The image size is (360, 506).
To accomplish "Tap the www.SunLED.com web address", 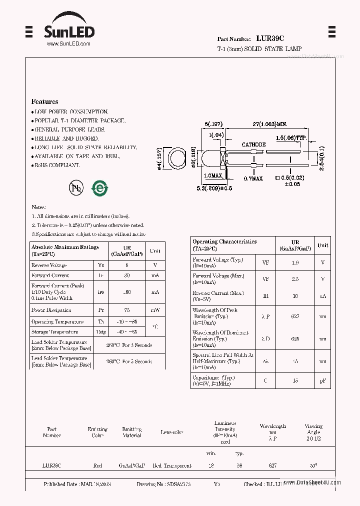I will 68,44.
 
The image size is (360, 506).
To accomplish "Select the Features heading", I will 44,101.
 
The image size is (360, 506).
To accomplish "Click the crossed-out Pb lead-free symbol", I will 76,188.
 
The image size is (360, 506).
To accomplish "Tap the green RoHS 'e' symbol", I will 99,188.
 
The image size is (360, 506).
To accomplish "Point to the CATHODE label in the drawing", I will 253,144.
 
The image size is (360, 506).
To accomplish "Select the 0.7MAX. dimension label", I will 253,178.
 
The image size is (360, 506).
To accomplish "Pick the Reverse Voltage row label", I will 49,265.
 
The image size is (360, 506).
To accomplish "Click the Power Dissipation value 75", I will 126,310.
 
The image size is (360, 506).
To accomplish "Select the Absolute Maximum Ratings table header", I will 65,250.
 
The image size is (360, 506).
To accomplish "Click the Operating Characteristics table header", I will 224,245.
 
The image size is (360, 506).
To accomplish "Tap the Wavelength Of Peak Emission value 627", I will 295,316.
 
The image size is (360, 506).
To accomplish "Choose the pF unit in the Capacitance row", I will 322,381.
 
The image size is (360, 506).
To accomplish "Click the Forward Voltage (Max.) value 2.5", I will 295,279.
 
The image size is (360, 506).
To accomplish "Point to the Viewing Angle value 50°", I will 313,465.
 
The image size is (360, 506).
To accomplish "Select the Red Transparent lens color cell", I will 172,465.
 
